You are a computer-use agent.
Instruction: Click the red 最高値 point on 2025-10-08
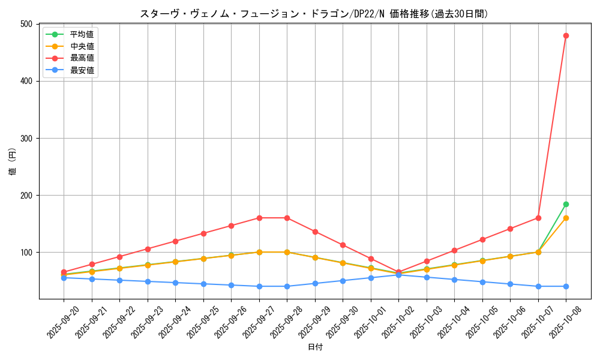[566, 35]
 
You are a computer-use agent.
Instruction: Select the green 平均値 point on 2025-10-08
[566, 204]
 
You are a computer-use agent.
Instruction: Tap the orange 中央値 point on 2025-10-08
[566, 218]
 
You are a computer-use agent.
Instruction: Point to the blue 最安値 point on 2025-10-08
[566, 286]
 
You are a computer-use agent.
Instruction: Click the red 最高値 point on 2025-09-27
[259, 218]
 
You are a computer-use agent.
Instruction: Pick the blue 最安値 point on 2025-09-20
[64, 278]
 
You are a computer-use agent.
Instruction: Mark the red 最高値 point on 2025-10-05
[482, 239]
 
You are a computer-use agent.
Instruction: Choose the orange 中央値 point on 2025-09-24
[175, 262]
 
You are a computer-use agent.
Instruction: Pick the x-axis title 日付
[315, 347]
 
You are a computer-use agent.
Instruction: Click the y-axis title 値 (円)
[12, 161]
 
